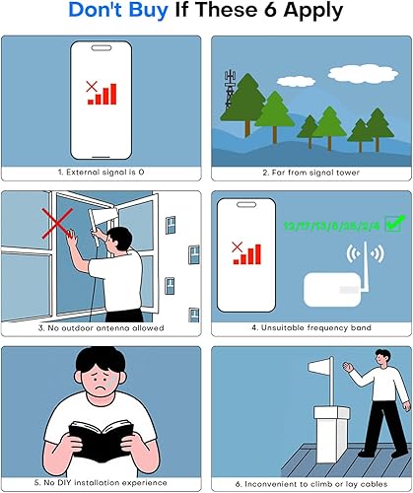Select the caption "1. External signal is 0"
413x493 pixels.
[x=103, y=172]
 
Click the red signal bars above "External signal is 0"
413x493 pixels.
[x=103, y=93]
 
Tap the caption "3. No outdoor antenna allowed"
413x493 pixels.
[x=103, y=326]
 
